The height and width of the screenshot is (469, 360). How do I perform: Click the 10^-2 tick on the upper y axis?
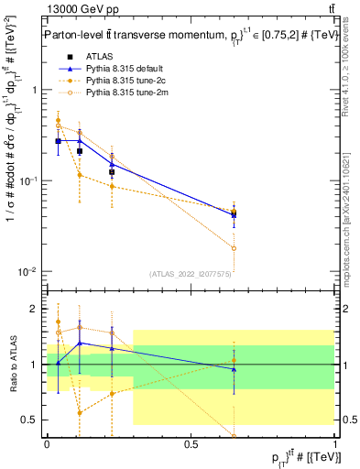[x=32, y=272]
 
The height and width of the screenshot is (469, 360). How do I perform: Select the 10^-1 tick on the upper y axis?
[x=32, y=181]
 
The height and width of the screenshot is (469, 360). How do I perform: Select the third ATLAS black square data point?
[x=112, y=172]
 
